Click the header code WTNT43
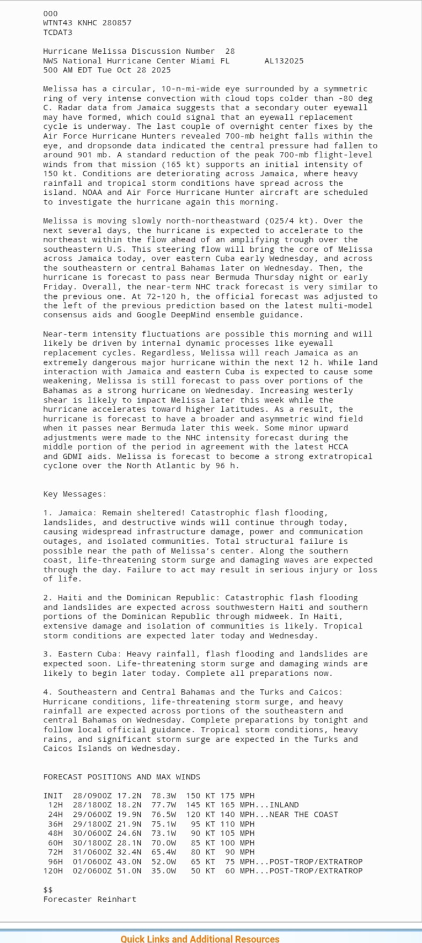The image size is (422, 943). [x=58, y=23]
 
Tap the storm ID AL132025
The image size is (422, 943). [x=284, y=61]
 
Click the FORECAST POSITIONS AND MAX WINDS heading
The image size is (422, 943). [x=122, y=777]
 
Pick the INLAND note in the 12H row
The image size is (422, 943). [x=284, y=805]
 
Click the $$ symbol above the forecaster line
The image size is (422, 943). [x=48, y=890]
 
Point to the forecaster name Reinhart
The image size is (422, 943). [x=117, y=900]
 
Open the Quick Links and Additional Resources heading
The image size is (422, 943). [x=200, y=939]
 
